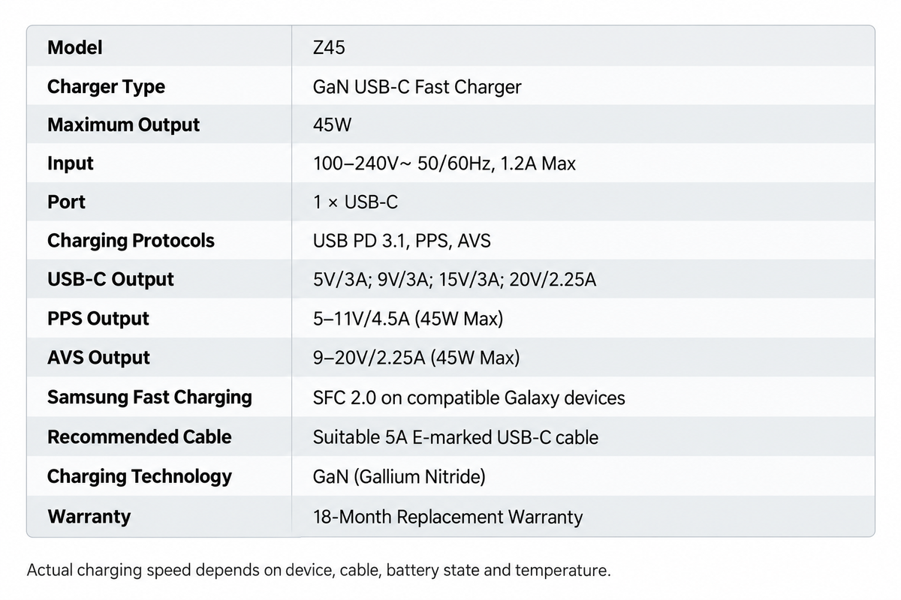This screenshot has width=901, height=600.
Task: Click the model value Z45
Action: click(x=329, y=47)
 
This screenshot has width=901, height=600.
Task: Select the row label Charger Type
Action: click(x=106, y=87)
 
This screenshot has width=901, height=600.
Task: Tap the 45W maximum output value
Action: click(x=332, y=124)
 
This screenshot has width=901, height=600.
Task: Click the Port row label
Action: click(x=66, y=202)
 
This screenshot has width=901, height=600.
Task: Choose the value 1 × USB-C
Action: click(x=355, y=202)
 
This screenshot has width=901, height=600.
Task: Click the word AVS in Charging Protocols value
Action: click(x=474, y=241)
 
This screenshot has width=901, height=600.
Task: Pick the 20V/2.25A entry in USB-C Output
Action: click(x=553, y=280)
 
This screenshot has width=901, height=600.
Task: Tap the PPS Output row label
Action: click(x=98, y=319)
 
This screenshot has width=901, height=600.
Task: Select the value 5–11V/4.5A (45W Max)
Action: click(x=408, y=319)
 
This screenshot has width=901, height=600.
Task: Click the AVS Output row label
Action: click(x=98, y=357)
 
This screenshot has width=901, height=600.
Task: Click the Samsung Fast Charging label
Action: click(x=149, y=397)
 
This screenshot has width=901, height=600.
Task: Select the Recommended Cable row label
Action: click(x=139, y=436)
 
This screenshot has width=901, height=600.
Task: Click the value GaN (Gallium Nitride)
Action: click(x=399, y=476)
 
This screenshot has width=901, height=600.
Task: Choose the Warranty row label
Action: click(x=89, y=517)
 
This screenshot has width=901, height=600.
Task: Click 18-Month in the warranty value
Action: click(x=352, y=517)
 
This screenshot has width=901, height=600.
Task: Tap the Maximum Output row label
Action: click(x=123, y=125)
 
